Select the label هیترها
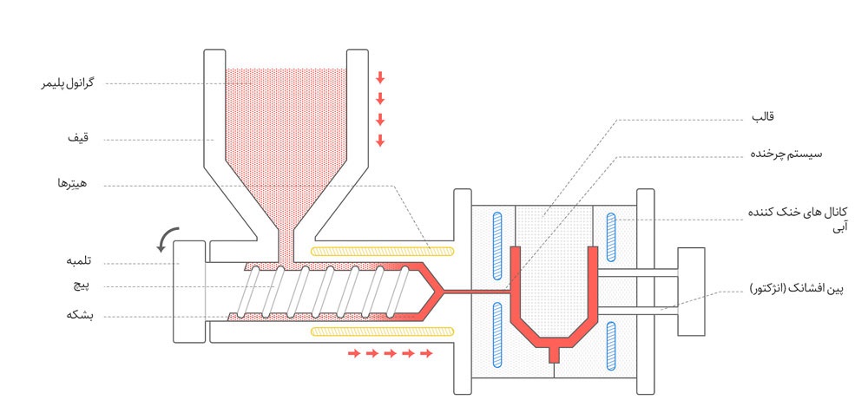click(76, 185)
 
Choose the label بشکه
click(79, 317)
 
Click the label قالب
click(761, 115)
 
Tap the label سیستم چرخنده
click(786, 154)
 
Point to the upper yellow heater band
click(384, 252)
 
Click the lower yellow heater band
click(384, 332)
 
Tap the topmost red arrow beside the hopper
click(380, 77)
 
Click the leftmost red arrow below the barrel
click(353, 353)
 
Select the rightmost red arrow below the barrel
click(427, 353)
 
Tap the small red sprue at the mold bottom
click(555, 354)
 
